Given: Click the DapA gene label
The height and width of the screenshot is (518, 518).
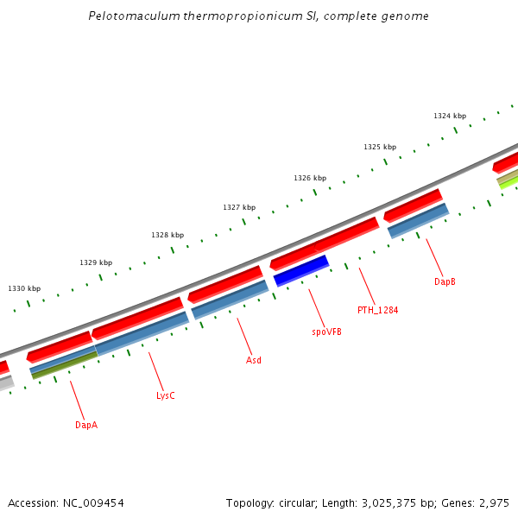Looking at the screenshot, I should pyautogui.click(x=86, y=425).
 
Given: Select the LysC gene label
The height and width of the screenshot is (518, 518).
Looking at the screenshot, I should pyautogui.click(x=165, y=395).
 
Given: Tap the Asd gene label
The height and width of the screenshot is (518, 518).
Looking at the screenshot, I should pyautogui.click(x=254, y=360).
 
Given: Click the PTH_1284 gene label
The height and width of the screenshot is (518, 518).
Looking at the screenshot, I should pyautogui.click(x=377, y=310).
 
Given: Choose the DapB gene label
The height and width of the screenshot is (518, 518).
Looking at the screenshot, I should pyautogui.click(x=445, y=281).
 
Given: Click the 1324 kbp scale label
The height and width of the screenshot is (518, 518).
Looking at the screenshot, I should pyautogui.click(x=450, y=116).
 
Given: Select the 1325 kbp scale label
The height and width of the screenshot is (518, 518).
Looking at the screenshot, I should pyautogui.click(x=380, y=147).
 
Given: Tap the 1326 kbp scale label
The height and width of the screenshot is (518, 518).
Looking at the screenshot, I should pyautogui.click(x=310, y=178).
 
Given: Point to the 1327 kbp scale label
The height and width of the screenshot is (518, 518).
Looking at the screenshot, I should pyautogui.click(x=239, y=207).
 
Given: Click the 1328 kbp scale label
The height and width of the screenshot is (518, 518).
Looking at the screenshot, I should pyautogui.click(x=167, y=235).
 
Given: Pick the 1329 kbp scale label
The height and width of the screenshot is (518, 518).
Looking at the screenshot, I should pyautogui.click(x=96, y=262).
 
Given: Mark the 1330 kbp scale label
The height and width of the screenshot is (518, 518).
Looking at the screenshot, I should pyautogui.click(x=24, y=288).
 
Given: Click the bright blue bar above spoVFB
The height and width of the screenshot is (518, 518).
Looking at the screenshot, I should pyautogui.click(x=301, y=270).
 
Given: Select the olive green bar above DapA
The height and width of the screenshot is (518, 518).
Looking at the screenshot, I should pyautogui.click(x=65, y=365).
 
